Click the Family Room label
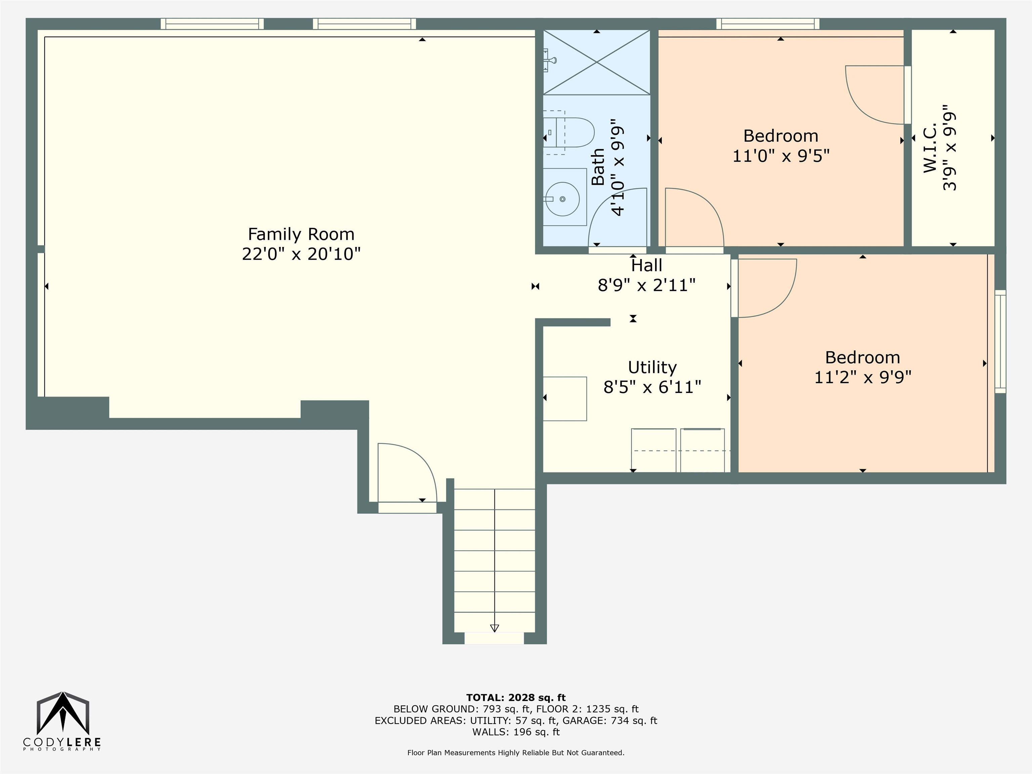pyautogui.click(x=301, y=234)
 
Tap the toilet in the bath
pyautogui.click(x=568, y=132)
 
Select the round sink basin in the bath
pyautogui.click(x=563, y=199)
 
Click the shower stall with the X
pyautogui.click(x=597, y=62)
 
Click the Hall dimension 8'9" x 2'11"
pyautogui.click(x=647, y=285)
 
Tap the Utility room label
pyautogui.click(x=652, y=368)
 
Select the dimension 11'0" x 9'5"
pyautogui.click(x=781, y=156)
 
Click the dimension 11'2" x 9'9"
pyautogui.click(x=863, y=377)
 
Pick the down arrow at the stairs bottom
pyautogui.click(x=494, y=628)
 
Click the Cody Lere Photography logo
pyautogui.click(x=62, y=721)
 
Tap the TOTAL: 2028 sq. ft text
pyautogui.click(x=516, y=697)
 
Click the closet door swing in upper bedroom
pyautogui.click(x=875, y=95)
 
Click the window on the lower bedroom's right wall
pyautogui.click(x=1000, y=342)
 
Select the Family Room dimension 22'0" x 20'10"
pyautogui.click(x=301, y=254)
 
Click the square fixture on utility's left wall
pyautogui.click(x=564, y=399)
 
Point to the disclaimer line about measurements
pyautogui.click(x=516, y=752)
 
